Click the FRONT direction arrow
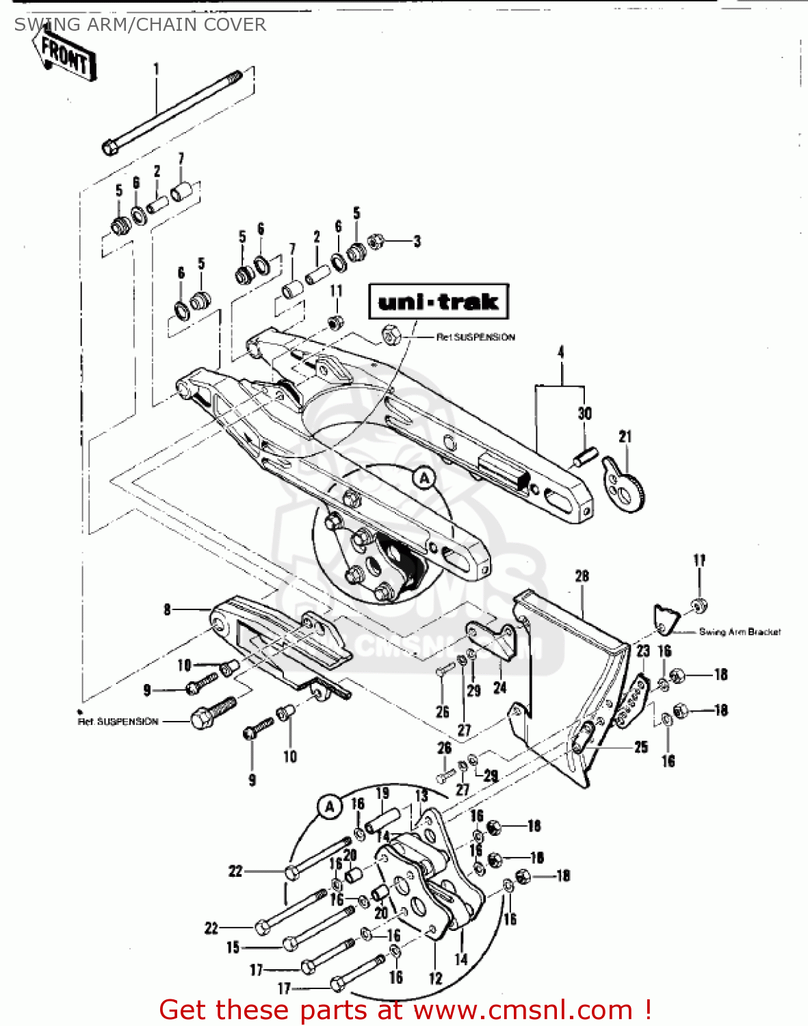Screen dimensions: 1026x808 pyautogui.click(x=63, y=55)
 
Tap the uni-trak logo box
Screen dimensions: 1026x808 pyautogui.click(x=439, y=302)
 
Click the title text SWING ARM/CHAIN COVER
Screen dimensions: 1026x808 pyautogui.click(x=140, y=25)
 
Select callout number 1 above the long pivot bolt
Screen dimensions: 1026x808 pyautogui.click(x=156, y=68)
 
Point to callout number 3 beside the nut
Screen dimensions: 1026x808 pyautogui.click(x=417, y=241)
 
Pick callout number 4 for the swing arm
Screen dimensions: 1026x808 pyautogui.click(x=561, y=352)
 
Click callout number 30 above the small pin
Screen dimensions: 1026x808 pyautogui.click(x=584, y=413)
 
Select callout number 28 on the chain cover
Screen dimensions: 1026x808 pyautogui.click(x=582, y=576)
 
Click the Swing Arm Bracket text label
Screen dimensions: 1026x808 pyautogui.click(x=740, y=632)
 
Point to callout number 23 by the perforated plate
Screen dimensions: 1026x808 pyautogui.click(x=642, y=651)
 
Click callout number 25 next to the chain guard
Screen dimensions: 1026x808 pyautogui.click(x=641, y=747)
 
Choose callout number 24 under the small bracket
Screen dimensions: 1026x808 pyautogui.click(x=500, y=687)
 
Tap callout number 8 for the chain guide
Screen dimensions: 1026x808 pyautogui.click(x=167, y=609)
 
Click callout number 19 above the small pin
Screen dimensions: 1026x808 pyautogui.click(x=382, y=793)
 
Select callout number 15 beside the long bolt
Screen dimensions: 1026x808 pyautogui.click(x=233, y=947)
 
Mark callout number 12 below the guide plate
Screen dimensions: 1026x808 pyautogui.click(x=435, y=979)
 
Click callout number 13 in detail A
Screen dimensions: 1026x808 pyautogui.click(x=421, y=795)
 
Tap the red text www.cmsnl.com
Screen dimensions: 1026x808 pyautogui.click(x=523, y=1010)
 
